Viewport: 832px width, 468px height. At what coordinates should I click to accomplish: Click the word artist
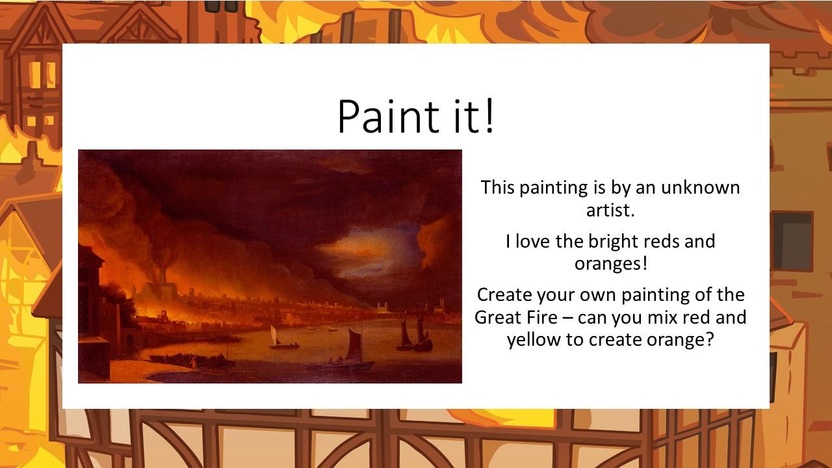pyautogui.click(x=610, y=210)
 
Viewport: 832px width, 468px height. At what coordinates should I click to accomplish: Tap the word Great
pyautogui.click(x=497, y=318)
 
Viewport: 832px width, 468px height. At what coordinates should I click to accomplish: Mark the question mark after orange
pyautogui.click(x=709, y=339)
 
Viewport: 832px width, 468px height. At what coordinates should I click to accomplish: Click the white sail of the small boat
pyautogui.click(x=273, y=335)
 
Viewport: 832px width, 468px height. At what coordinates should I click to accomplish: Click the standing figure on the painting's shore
pyautogui.click(x=193, y=362)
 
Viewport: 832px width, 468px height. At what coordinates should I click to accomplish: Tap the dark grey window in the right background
pyautogui.click(x=792, y=241)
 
